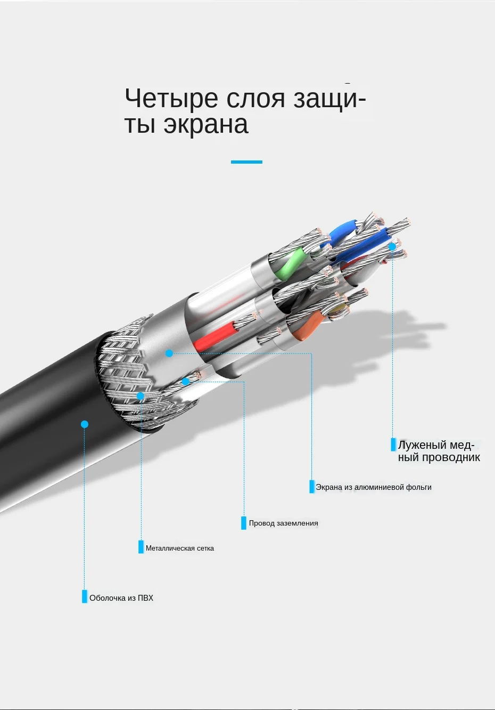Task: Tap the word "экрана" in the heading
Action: point(206,125)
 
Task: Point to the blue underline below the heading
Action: point(246,162)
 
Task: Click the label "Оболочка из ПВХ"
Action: point(121,598)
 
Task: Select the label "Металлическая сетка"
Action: point(180,548)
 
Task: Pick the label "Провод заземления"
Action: point(283,523)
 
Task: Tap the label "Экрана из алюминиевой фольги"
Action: point(374,487)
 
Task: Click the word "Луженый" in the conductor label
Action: point(422,445)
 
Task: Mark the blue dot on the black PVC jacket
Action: point(85,424)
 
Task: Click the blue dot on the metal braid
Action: point(140,396)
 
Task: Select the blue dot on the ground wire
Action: point(185,382)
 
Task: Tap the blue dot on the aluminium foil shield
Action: point(169,353)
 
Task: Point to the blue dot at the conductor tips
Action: point(392,247)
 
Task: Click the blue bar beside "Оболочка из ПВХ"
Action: point(85,596)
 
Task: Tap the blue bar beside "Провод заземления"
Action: point(244,523)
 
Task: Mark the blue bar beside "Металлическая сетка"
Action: point(141,547)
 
